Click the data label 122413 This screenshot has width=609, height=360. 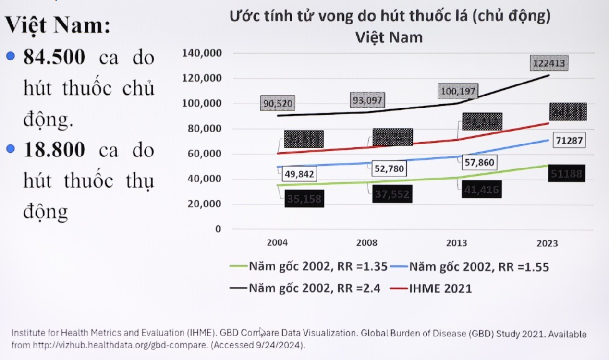[x=549, y=63]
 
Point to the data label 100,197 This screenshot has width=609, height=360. [x=457, y=91]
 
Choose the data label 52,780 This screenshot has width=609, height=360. [x=389, y=168]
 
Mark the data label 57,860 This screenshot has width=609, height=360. [x=479, y=163]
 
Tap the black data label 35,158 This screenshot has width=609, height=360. [x=304, y=199]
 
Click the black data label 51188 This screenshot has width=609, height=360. [x=567, y=174]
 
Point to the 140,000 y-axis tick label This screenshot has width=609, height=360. [x=201, y=53]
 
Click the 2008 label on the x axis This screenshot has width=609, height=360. [x=366, y=243]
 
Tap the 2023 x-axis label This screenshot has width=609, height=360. [x=547, y=243]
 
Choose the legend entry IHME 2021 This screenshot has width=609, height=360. [x=440, y=288]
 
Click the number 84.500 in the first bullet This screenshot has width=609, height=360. [x=54, y=58]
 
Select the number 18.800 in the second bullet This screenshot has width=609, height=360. [x=54, y=150]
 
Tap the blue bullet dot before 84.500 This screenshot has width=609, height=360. [x=10, y=57]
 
